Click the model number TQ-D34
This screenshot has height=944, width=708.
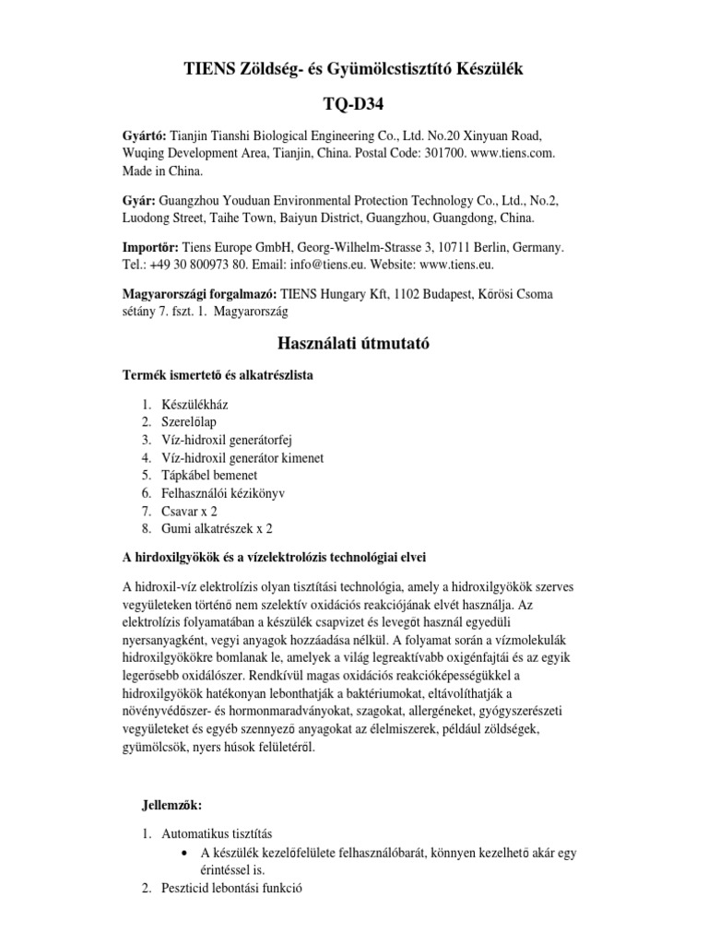coord(354,104)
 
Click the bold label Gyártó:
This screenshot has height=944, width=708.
coord(146,135)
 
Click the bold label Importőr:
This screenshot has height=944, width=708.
coord(151,249)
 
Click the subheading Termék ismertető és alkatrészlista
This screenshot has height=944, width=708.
coord(224,375)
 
